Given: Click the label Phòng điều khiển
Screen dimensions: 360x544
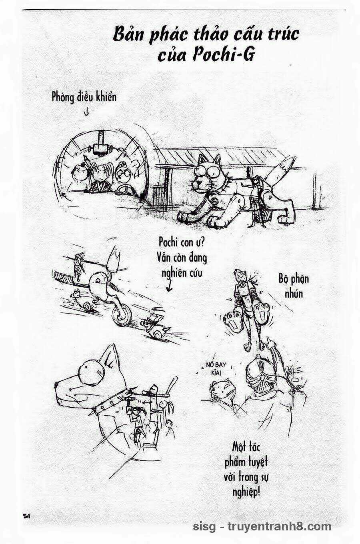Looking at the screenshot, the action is [x=84, y=97].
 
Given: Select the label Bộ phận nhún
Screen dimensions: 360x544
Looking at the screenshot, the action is [x=294, y=286].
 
